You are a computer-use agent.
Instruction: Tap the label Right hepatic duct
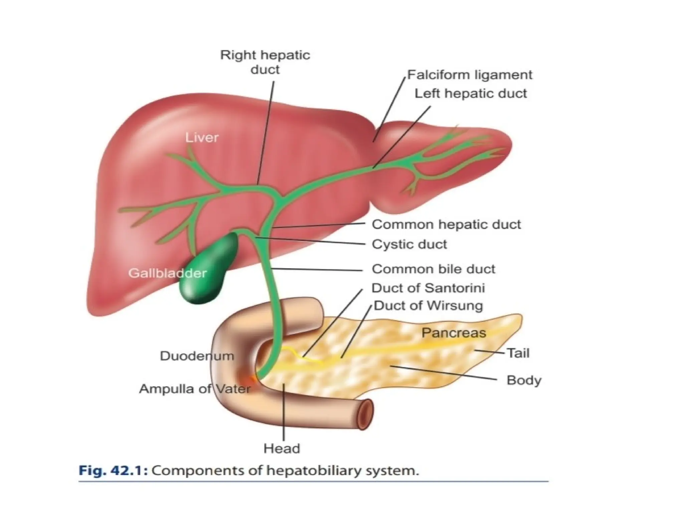(265, 62)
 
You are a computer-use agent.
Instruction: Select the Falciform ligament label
(469, 75)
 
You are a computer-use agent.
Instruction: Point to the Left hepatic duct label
(470, 94)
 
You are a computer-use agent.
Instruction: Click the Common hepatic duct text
(446, 224)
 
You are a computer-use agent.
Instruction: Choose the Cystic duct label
(409, 244)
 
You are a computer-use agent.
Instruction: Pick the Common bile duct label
(433, 269)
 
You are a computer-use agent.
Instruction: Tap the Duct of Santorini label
(428, 288)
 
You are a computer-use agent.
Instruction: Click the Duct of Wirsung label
(428, 306)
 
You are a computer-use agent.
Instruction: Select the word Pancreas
(454, 333)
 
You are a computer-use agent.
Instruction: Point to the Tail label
(518, 353)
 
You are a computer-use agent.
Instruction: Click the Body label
(524, 380)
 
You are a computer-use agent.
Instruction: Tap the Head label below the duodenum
(282, 448)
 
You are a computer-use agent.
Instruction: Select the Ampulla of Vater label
(195, 389)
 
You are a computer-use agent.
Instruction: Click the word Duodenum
(197, 356)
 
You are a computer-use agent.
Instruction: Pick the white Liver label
(202, 137)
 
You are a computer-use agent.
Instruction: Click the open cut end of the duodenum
(366, 414)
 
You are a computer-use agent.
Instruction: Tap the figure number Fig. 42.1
(113, 471)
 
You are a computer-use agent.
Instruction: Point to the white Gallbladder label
(167, 273)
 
